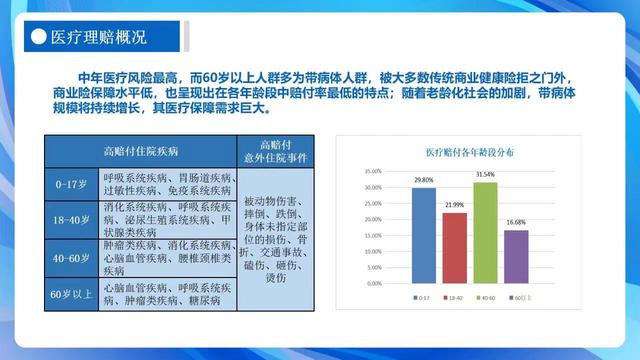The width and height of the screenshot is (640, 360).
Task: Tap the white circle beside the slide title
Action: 37,38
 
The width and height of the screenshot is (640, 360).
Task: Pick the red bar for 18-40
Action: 454,250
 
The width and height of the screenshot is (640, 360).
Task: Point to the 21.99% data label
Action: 454,205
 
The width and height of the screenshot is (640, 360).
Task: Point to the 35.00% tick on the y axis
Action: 374,171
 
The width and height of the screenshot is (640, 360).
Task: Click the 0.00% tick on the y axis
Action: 376,286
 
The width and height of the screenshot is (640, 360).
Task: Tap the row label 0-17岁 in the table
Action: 73,185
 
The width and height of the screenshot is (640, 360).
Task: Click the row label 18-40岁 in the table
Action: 73,220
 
